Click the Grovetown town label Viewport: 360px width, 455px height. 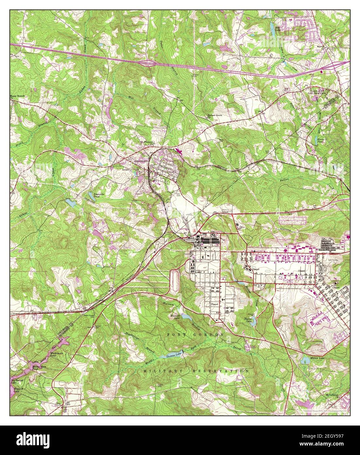(141, 161)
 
